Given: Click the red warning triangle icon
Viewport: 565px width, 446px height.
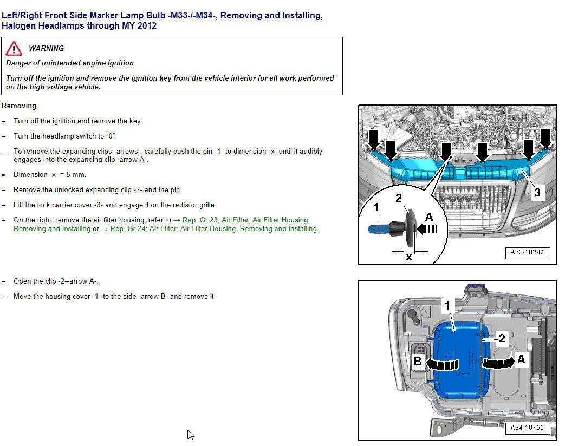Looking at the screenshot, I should (x=14, y=49).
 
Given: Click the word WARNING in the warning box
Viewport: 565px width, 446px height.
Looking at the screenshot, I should (x=46, y=49).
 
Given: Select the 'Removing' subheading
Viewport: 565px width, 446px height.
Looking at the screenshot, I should (x=19, y=106).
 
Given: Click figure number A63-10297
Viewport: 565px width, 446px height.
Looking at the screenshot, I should (x=527, y=252).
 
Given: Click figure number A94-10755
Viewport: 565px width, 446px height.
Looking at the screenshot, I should (x=527, y=428).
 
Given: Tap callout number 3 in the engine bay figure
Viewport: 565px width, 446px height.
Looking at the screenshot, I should (x=537, y=192).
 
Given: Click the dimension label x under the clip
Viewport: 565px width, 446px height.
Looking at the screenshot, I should (x=409, y=257).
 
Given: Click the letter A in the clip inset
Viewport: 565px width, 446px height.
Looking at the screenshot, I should (x=429, y=218).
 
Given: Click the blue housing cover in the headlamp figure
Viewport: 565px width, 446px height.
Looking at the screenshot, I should (x=458, y=352).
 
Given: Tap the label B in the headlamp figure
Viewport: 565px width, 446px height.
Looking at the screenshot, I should (x=418, y=362).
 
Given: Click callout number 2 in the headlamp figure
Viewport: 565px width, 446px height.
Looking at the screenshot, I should (x=502, y=338).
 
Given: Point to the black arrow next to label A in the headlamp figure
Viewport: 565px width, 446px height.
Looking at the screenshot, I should (x=497, y=362).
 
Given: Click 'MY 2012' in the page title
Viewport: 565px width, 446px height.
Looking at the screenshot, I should (x=139, y=26).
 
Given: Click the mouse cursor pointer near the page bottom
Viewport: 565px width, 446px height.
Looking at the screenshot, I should (x=190, y=435).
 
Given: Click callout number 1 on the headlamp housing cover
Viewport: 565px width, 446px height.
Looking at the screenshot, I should (x=447, y=306).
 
